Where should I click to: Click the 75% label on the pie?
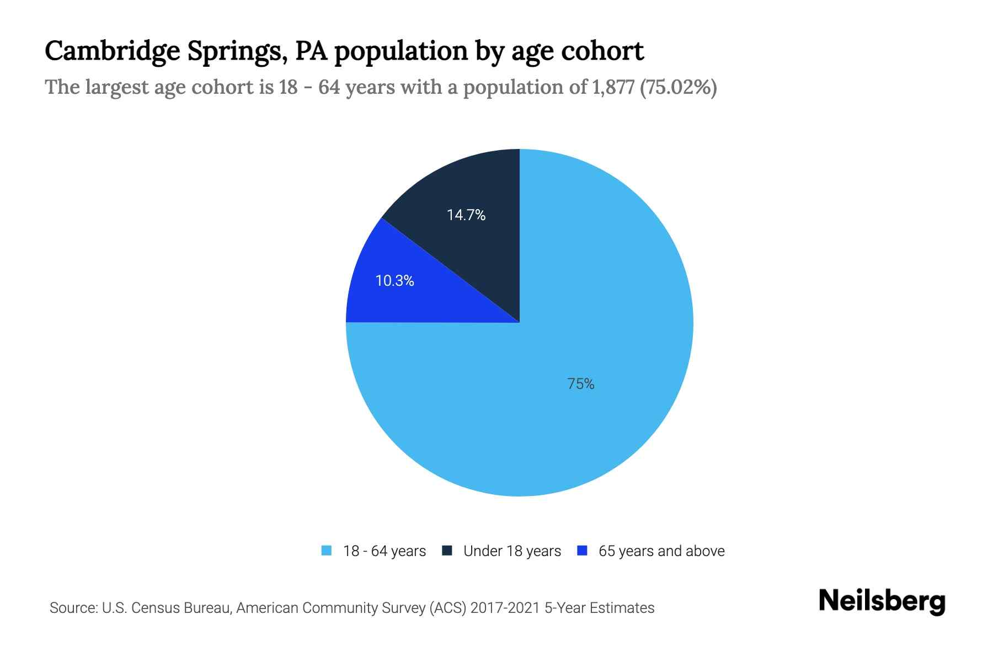coord(581,384)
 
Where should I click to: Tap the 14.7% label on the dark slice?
coord(466,215)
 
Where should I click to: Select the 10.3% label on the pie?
coord(395,281)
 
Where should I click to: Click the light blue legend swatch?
coord(327,551)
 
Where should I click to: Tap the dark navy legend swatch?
coord(447,551)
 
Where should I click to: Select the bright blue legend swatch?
coord(582,551)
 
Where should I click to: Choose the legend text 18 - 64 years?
coord(385,551)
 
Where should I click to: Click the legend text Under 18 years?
coord(512,551)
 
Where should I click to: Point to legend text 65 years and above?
coord(661,551)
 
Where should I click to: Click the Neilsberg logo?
coord(882,601)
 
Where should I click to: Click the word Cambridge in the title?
coord(113,51)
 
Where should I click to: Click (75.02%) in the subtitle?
coord(678,87)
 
